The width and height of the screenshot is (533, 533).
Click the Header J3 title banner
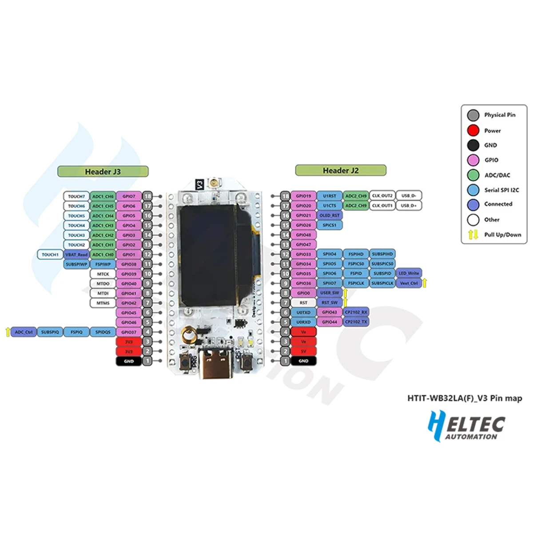[103, 171]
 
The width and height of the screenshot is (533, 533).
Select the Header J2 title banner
[341, 170]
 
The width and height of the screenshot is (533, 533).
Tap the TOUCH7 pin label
[76, 196]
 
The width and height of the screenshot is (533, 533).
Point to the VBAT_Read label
[76, 255]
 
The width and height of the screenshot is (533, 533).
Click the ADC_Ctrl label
[24, 332]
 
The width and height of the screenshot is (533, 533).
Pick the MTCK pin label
[103, 274]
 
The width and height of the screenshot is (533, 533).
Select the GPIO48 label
[303, 235]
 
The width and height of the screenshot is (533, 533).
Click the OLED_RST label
[330, 215]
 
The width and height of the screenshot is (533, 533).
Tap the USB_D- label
[409, 195]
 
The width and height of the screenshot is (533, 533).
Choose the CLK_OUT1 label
[382, 205]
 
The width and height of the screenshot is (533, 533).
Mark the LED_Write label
[409, 273]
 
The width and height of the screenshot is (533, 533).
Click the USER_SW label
[330, 293]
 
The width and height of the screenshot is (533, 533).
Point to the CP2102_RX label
[356, 312]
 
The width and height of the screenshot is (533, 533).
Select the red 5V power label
[303, 351]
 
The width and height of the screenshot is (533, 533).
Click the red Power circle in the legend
[473, 131]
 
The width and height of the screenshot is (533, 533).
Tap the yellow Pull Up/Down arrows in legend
[473, 235]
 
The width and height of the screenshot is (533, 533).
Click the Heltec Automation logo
[466, 426]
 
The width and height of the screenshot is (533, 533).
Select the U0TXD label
[303, 312]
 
